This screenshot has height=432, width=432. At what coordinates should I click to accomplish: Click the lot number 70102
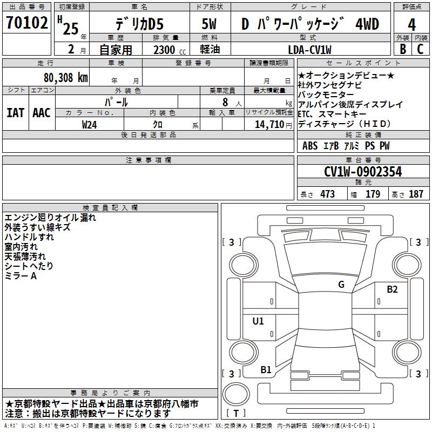[26, 24]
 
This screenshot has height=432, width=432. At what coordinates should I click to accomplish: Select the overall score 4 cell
[411, 25]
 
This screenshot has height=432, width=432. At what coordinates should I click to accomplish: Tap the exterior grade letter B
[402, 49]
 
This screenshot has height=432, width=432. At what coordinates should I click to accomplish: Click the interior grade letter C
[421, 49]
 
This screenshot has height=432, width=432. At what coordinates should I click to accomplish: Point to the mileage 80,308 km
[65, 77]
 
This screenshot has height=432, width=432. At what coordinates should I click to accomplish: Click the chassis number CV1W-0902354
[363, 172]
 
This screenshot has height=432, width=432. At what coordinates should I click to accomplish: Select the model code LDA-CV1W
[310, 49]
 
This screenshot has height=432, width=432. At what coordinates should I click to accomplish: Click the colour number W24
[90, 124]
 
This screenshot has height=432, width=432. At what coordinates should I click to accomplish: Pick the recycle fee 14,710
[268, 124]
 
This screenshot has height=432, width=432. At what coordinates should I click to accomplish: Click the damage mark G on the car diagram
[341, 285]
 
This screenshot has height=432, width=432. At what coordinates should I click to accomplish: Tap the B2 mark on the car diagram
[392, 289]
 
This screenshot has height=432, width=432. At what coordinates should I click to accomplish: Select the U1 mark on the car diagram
[258, 321]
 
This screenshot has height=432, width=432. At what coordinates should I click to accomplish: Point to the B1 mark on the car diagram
[266, 370]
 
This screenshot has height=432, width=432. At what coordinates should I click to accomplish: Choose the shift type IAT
[16, 112]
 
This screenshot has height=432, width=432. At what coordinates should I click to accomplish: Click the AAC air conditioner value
[42, 112]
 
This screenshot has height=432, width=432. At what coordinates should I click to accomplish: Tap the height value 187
[416, 194]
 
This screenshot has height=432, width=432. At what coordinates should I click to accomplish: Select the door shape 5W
[209, 24]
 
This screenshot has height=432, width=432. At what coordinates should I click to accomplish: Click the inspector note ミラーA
[21, 276]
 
